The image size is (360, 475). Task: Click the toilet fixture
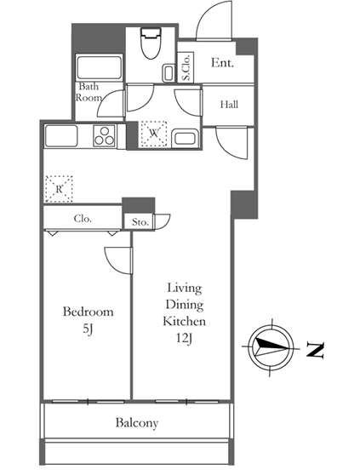tap(151, 43)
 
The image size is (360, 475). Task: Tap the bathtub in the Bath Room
tap(100, 67)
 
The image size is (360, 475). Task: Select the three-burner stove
tap(105, 135)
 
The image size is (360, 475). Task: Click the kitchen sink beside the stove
tap(61, 136)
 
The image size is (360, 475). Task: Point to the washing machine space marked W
tap(154, 134)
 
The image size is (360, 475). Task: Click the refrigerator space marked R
tap(59, 189)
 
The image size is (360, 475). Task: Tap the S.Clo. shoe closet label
tap(186, 68)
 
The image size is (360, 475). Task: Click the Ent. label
tap(222, 63)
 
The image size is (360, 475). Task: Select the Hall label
tap(229, 105)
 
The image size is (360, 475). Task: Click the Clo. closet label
tap(83, 219)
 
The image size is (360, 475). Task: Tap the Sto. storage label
tap(140, 222)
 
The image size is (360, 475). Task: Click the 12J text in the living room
tap(185, 339)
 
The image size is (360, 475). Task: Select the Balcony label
tap(137, 423)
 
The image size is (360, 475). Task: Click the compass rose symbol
tap(271, 347)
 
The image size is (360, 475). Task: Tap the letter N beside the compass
tap(316, 350)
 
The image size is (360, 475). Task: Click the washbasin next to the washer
tap(185, 139)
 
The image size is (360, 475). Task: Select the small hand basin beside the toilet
tap(169, 73)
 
